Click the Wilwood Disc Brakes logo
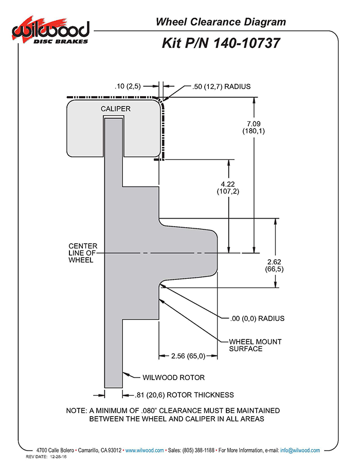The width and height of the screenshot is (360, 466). click(50, 31)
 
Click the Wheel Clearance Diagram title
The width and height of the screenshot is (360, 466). click(221, 22)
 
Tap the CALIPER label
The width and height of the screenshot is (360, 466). click(116, 109)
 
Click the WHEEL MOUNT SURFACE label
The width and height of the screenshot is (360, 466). click(255, 345)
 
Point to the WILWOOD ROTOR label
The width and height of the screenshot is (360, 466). click(174, 378)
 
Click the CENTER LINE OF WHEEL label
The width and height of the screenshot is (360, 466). click(83, 253)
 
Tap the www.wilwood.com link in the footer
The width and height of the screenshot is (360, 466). click(145, 450)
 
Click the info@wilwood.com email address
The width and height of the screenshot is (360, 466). click(300, 450)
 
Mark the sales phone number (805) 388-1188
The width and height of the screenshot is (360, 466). click(199, 450)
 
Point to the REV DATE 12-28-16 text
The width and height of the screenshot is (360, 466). click(46, 457)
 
